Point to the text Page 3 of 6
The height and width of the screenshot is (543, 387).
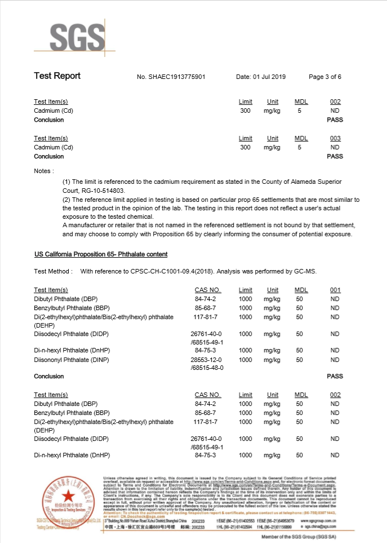325,77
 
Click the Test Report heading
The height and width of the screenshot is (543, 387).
57,76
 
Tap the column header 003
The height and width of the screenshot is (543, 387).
335,138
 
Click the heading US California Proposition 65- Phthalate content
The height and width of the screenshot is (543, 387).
101,254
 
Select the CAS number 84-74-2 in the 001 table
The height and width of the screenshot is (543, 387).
204,299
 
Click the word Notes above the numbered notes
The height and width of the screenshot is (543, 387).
43,170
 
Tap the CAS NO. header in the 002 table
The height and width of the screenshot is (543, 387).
207,395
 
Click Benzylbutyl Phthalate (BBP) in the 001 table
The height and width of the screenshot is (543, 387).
69,308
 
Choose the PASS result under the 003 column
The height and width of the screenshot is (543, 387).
335,156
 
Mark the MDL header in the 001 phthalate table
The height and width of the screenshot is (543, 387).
301,290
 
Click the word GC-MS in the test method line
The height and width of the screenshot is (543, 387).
305,271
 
